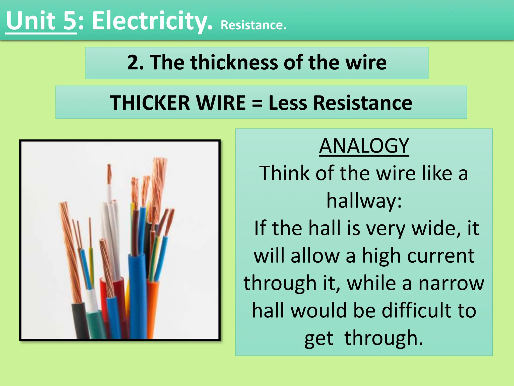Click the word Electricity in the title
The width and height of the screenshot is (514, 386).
click(152, 21)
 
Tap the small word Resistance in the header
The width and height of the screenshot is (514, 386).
click(253, 25)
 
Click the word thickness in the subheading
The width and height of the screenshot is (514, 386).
click(234, 63)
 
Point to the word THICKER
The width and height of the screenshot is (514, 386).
click(150, 103)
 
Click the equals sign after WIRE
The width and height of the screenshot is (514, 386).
click(257, 103)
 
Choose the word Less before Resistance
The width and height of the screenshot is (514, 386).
click(288, 103)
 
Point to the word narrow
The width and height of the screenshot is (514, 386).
click(451, 283)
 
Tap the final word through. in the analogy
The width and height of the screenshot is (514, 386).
click(384, 338)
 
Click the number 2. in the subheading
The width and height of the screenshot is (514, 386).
click(135, 63)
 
